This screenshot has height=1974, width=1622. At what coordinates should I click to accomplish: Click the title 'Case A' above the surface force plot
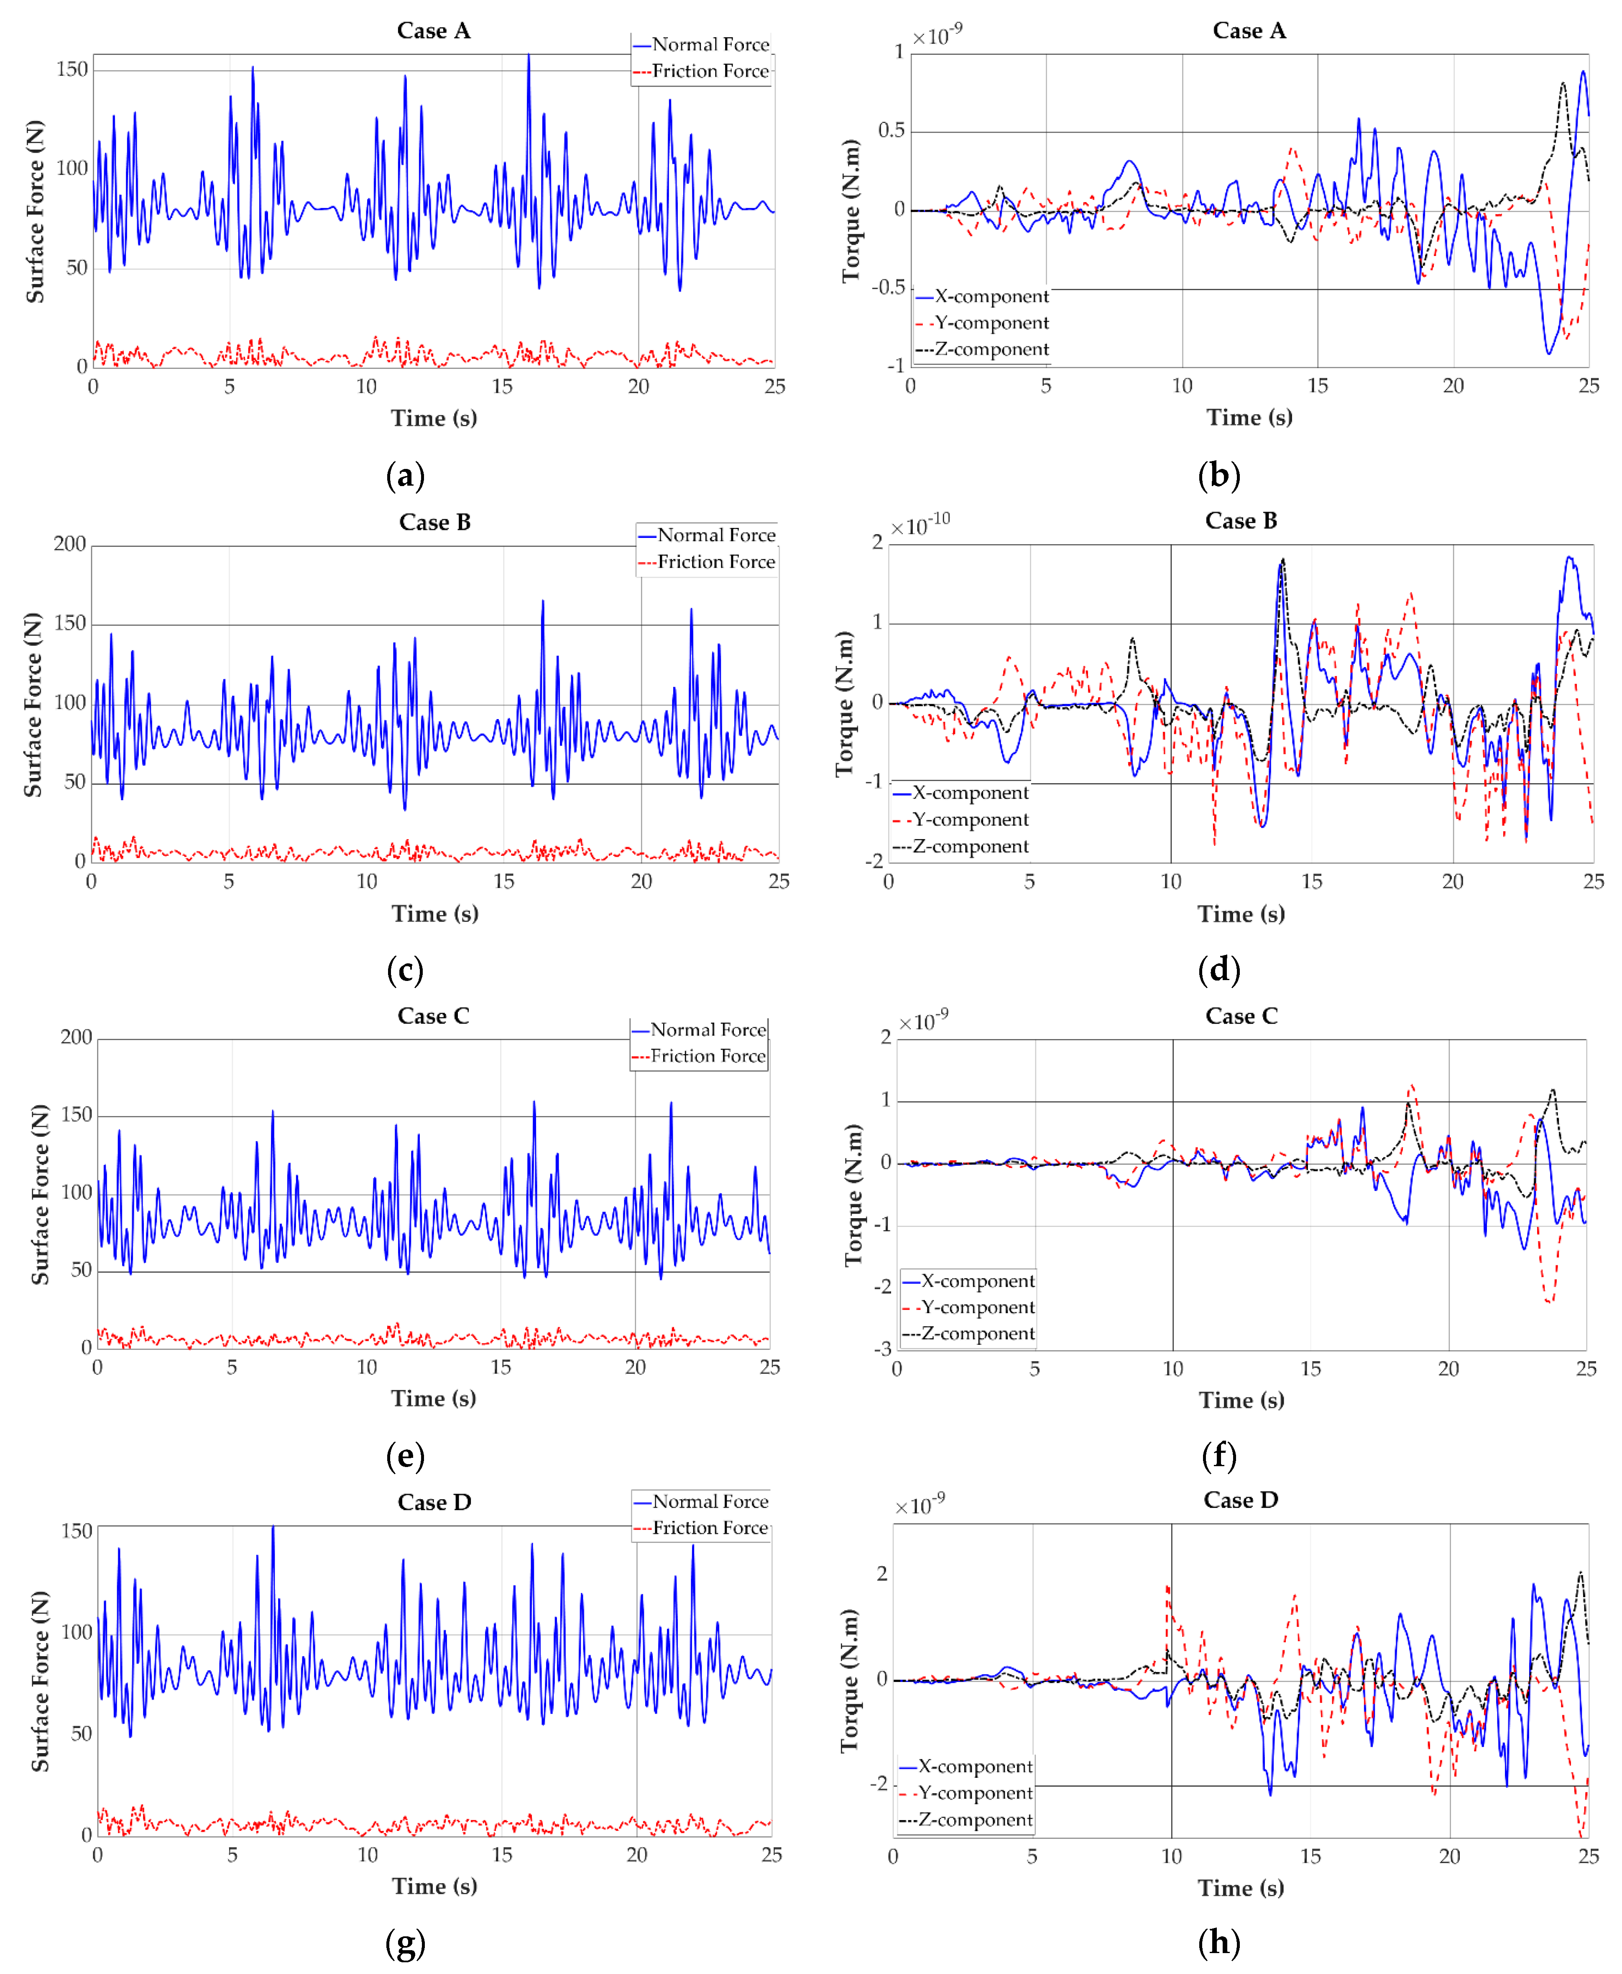click(x=434, y=31)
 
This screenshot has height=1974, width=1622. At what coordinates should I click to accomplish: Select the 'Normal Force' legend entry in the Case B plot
click(x=716, y=535)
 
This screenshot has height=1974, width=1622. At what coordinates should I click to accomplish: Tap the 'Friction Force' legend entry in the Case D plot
click(x=710, y=1527)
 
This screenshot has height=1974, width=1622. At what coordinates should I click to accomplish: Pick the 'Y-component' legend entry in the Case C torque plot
click(x=977, y=1307)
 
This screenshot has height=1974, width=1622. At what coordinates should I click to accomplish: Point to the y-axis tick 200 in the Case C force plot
click(x=76, y=1037)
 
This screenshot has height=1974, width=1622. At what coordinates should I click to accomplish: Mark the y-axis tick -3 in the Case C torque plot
click(x=882, y=1349)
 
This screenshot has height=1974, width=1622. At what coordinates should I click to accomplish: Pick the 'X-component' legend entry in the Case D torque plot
click(x=975, y=1766)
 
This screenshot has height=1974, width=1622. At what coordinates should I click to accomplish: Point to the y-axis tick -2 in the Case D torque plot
click(x=880, y=1783)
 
